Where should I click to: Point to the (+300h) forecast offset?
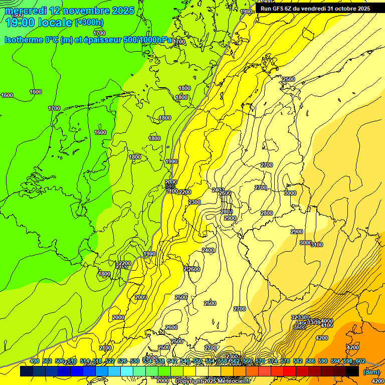click(89, 23)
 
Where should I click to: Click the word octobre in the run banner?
click(341, 9)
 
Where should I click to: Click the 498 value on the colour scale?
click(35, 361)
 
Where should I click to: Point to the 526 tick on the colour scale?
click(122, 361)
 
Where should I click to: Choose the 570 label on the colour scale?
click(260, 361)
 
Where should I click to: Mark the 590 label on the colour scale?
click(323, 361)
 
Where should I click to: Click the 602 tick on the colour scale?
click(360, 361)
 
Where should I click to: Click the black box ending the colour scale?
click(352, 371)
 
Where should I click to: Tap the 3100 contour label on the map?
click(317, 245)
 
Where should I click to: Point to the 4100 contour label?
click(326, 326)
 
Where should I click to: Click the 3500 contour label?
click(300, 327)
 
